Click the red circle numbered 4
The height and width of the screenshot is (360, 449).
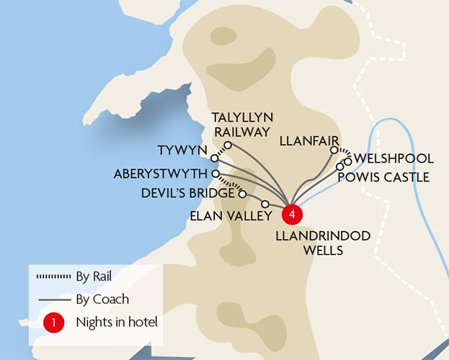[x=290, y=214]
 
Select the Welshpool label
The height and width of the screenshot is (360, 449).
[x=394, y=158]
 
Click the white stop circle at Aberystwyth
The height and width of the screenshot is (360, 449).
[x=215, y=174]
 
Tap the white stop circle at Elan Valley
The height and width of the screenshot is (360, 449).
[x=265, y=204]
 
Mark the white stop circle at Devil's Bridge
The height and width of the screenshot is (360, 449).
[x=242, y=194]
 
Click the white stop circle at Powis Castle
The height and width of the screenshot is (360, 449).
[x=339, y=166]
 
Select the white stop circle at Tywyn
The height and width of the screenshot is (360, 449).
[x=215, y=158]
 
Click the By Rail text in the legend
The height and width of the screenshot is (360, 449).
[x=94, y=275]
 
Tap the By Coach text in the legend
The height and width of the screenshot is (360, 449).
[x=102, y=299]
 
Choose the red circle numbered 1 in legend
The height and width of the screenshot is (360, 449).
[x=53, y=323]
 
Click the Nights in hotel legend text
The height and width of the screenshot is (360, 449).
[x=116, y=323]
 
